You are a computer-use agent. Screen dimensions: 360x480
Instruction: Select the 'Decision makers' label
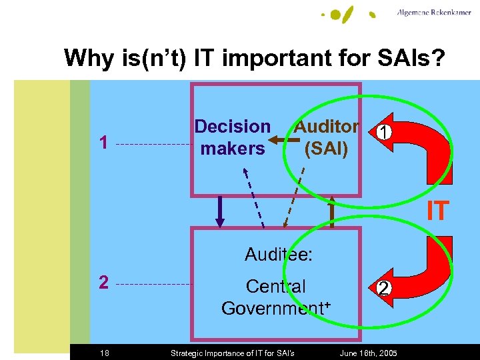pyautogui.click(x=233, y=137)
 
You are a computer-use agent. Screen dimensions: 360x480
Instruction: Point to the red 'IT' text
pyautogui.click(x=438, y=211)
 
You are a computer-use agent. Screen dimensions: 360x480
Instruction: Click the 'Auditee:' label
pyautogui.click(x=279, y=255)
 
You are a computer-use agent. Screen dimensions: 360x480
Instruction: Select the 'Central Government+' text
pyautogui.click(x=276, y=297)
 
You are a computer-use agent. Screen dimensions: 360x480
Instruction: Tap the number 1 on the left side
pyautogui.click(x=103, y=143)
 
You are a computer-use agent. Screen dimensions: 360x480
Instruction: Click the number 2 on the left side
pyautogui.click(x=103, y=283)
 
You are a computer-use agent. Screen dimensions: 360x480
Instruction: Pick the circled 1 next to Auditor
pyautogui.click(x=382, y=133)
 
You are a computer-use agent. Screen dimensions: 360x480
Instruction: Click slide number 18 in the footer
pyautogui.click(x=106, y=353)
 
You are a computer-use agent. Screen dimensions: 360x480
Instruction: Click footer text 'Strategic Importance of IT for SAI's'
pyautogui.click(x=233, y=353)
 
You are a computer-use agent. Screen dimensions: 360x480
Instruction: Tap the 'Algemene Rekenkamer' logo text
pyautogui.click(x=434, y=13)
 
